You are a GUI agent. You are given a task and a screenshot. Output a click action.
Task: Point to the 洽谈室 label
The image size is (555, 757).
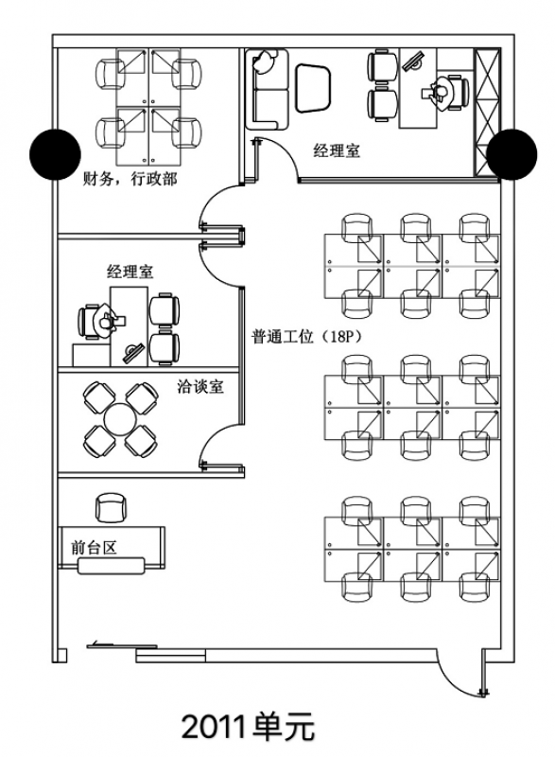click(200, 387)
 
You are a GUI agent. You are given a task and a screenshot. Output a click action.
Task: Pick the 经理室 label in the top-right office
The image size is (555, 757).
click(337, 150)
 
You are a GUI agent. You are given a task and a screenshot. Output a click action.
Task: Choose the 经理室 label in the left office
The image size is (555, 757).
click(130, 272)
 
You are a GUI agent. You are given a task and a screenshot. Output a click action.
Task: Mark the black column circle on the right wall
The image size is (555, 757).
click(512, 152)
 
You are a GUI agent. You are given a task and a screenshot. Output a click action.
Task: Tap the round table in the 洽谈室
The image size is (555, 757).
click(120, 416)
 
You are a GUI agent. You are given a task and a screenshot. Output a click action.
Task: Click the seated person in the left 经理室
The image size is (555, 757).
click(104, 321)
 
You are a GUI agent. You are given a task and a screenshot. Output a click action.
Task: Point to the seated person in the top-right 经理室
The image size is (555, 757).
click(439, 90)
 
